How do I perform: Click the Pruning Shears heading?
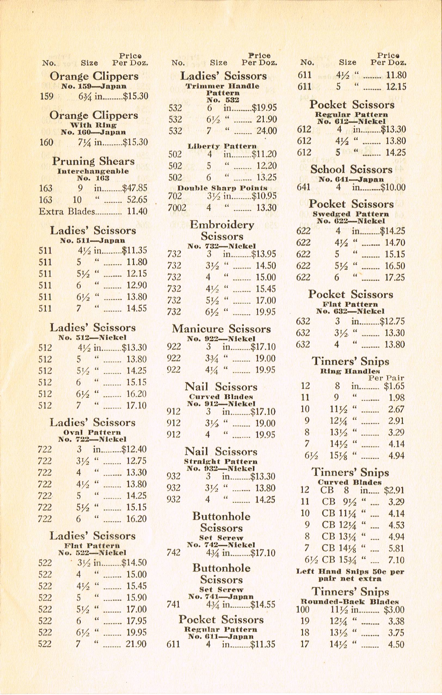tap(93, 161)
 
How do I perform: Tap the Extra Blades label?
tap(67, 212)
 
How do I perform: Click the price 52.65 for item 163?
tap(137, 200)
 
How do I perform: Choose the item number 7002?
tap(177, 208)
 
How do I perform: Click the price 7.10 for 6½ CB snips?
tap(396, 560)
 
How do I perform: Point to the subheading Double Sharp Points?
tap(222, 188)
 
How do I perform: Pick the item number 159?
tap(47, 96)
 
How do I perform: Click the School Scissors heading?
tap(351, 169)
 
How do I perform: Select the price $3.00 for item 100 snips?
tap(394, 609)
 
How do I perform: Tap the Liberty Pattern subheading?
tap(222, 146)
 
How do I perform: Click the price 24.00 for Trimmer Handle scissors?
tap(266, 131)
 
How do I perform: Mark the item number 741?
tap(173, 604)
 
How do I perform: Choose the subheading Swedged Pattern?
tap(351, 214)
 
